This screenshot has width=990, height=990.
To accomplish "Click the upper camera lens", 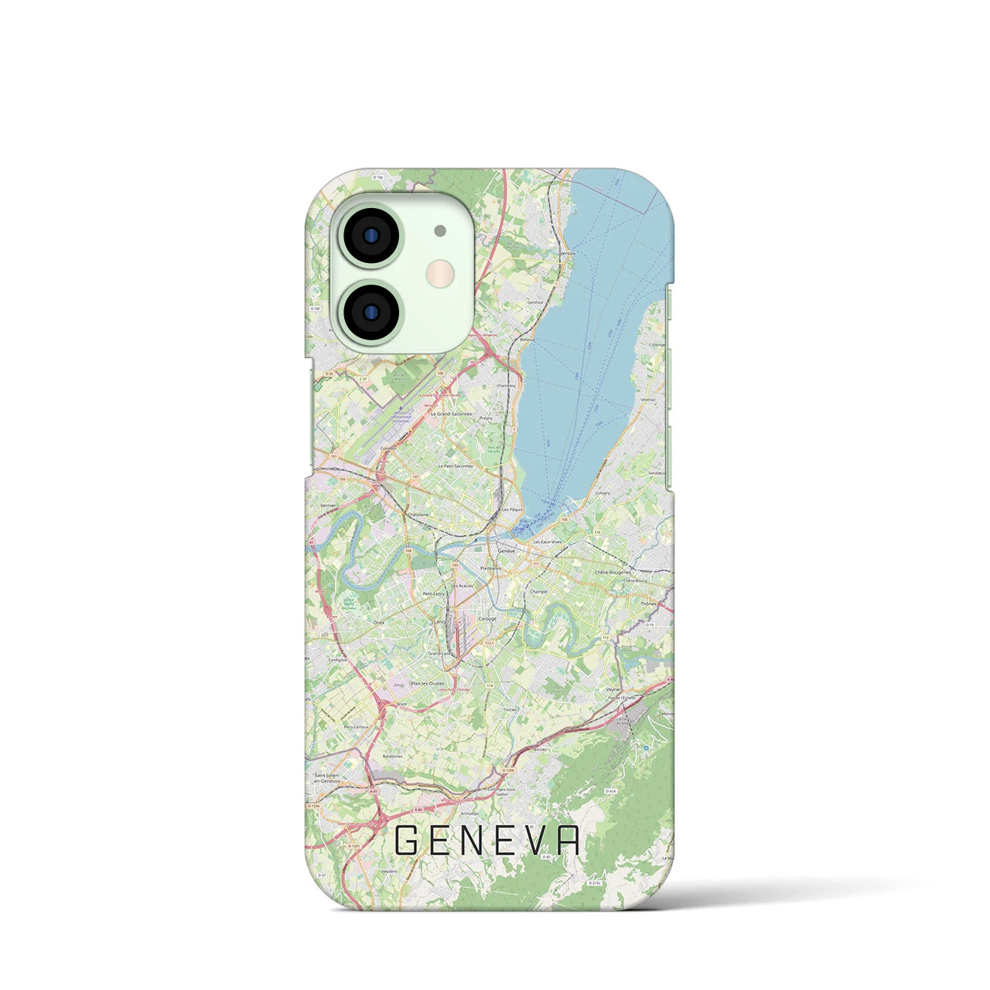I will (370, 234).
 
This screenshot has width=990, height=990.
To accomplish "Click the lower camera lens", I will (370, 311).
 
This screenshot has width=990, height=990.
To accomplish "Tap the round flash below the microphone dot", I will (442, 271).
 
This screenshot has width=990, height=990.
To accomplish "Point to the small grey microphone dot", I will (440, 230).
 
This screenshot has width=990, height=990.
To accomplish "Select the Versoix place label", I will (568, 252).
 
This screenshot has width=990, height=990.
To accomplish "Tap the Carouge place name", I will (487, 619).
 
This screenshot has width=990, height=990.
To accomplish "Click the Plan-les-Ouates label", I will (427, 683).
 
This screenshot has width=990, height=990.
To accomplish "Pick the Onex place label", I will (357, 622).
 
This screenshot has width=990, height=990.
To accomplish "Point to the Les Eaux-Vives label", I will (547, 544).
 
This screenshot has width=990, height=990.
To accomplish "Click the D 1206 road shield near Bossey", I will (507, 771).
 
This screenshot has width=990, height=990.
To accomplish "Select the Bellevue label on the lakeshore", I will (527, 339).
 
